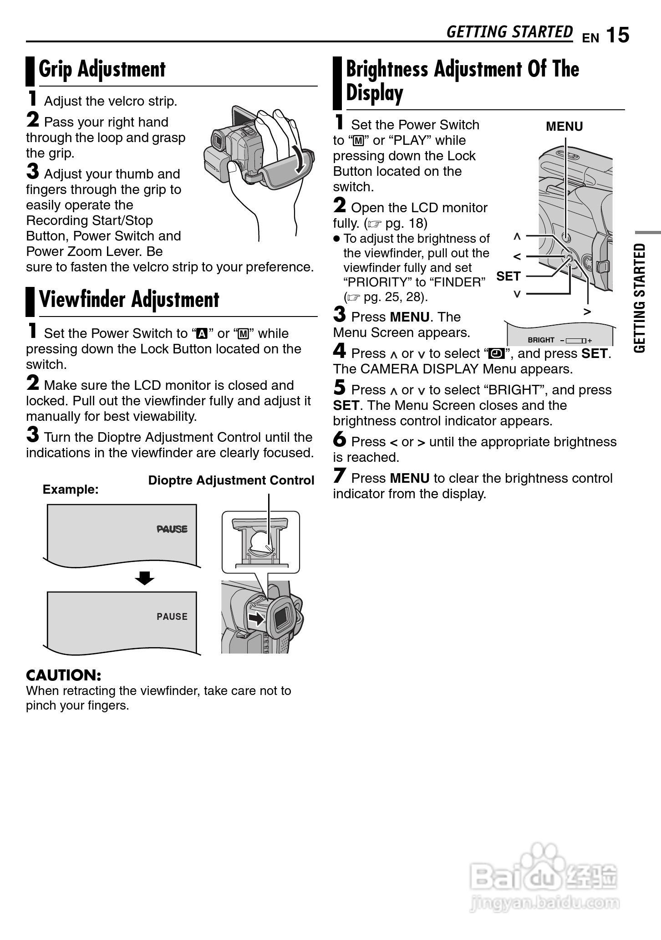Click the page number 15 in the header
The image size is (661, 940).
618,35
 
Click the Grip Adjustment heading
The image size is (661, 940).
102,69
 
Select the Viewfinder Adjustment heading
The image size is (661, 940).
129,300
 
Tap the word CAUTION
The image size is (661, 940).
63,675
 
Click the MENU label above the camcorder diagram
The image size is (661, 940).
564,127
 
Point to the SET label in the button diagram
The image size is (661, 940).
508,276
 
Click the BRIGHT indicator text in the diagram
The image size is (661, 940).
541,340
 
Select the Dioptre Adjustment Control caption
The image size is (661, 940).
231,480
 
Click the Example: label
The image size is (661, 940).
71,490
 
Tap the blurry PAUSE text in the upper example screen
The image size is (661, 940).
172,529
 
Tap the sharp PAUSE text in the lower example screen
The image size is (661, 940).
172,617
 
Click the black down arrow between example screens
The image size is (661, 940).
145,578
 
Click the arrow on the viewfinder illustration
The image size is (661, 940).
256,619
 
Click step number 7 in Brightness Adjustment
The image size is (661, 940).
339,476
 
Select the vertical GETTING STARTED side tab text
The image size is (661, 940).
640,298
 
